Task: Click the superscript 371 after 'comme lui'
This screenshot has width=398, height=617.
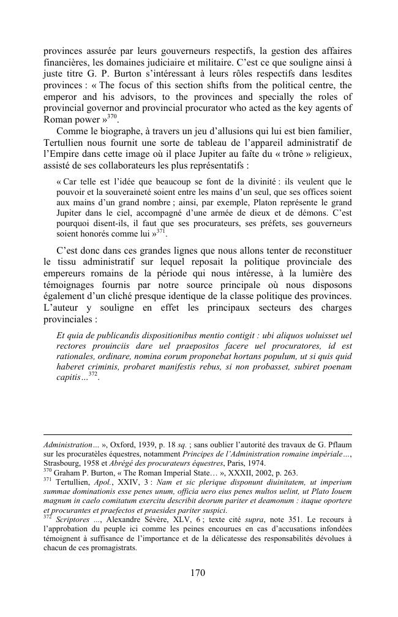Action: pos(160,231)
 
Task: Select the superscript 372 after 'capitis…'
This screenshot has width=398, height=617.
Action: pos(93,374)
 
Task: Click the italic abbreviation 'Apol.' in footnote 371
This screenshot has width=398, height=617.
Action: pos(104,482)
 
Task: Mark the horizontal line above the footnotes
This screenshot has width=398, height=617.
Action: pos(198,434)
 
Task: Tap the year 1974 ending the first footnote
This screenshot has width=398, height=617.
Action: pos(253,463)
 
